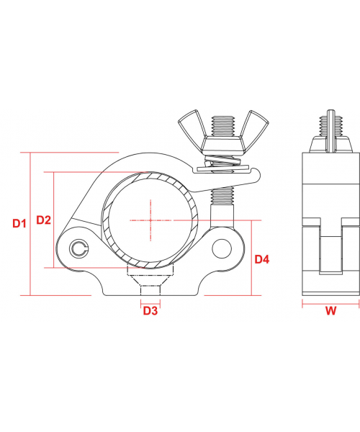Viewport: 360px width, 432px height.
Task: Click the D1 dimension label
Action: pos(19,223)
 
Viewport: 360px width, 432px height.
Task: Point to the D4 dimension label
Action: pos(262,258)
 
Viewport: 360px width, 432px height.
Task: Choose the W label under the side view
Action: pos(330,311)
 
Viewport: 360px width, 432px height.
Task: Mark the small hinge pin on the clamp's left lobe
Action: pos(79,249)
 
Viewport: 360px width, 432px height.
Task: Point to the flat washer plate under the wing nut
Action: pos(227,170)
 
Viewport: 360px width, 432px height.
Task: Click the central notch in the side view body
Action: pos(329,252)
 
